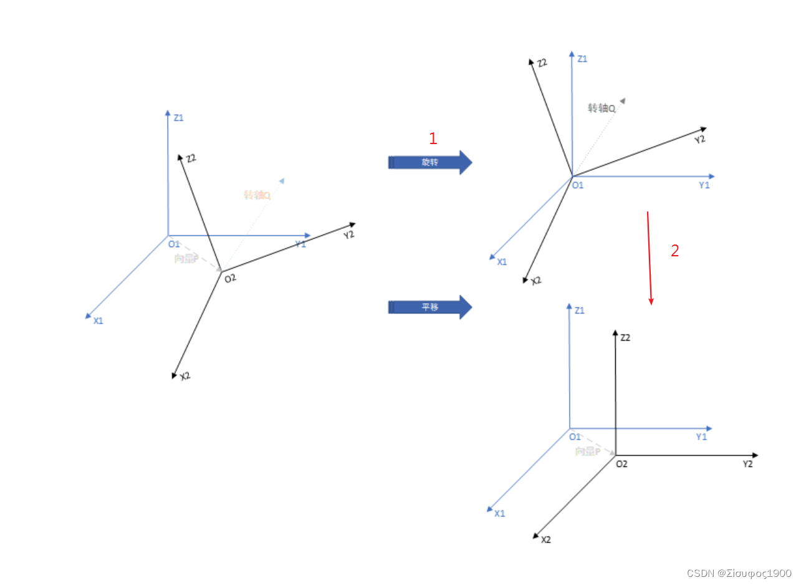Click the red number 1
[x=433, y=139]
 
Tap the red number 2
[x=674, y=251]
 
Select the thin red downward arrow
[x=650, y=258]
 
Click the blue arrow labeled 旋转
[x=430, y=163]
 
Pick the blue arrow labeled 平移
[x=430, y=307]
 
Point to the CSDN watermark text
[x=739, y=573]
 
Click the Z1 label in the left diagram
[x=179, y=117]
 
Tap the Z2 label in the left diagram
[x=191, y=158]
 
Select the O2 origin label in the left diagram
[x=230, y=278]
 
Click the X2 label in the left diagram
[x=185, y=377]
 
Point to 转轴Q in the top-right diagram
[x=602, y=108]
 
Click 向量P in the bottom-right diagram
[x=588, y=451]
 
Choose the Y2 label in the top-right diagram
[x=700, y=139]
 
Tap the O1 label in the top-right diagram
[x=578, y=185]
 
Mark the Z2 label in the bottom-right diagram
[x=625, y=337]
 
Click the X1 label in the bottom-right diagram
[x=499, y=513]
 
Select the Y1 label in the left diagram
[x=300, y=244]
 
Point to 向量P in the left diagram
[x=186, y=258]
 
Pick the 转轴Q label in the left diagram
[x=257, y=195]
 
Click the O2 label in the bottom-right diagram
[x=621, y=464]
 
